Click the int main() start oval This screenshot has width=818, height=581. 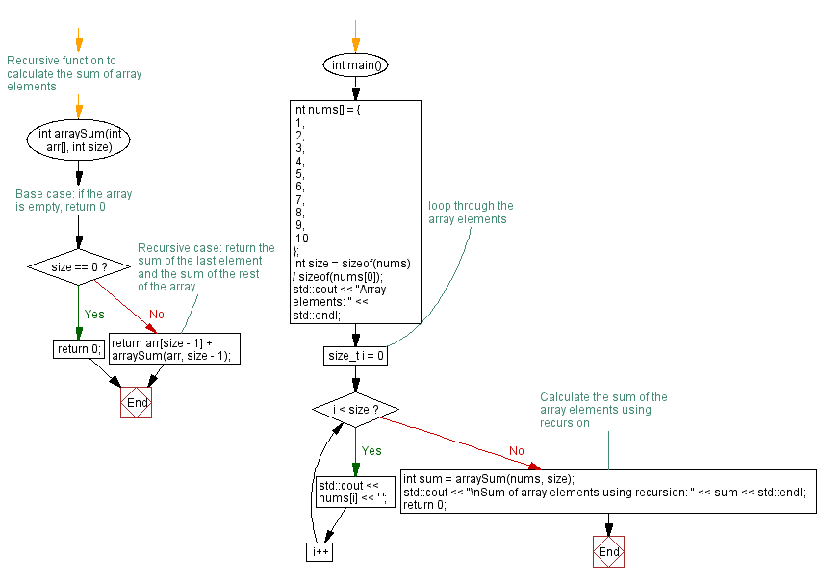pos(355,66)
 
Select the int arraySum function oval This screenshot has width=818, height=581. pos(79,140)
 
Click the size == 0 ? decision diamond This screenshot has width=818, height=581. pos(79,266)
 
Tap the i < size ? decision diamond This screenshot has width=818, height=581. pos(355,409)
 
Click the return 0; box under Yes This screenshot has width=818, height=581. pos(79,349)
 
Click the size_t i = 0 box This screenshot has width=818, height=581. pos(356,356)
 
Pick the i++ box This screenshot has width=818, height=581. pos(320,552)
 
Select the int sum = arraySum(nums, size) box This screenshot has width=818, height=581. pos(608,493)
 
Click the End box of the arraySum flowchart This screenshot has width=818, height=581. pos(137,403)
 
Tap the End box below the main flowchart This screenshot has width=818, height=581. pos(608,552)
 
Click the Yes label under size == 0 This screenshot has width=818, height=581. pos(95,314)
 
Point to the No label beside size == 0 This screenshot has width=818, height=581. pos(155,314)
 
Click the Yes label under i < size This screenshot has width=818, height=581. pos(371,450)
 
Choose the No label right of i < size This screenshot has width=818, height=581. pos(516,450)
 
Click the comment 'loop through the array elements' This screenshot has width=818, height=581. pos(471,212)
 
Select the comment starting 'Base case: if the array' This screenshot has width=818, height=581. pos(74,200)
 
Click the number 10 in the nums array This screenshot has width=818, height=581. pos(302,238)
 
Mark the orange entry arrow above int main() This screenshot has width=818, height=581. pos(355,35)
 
